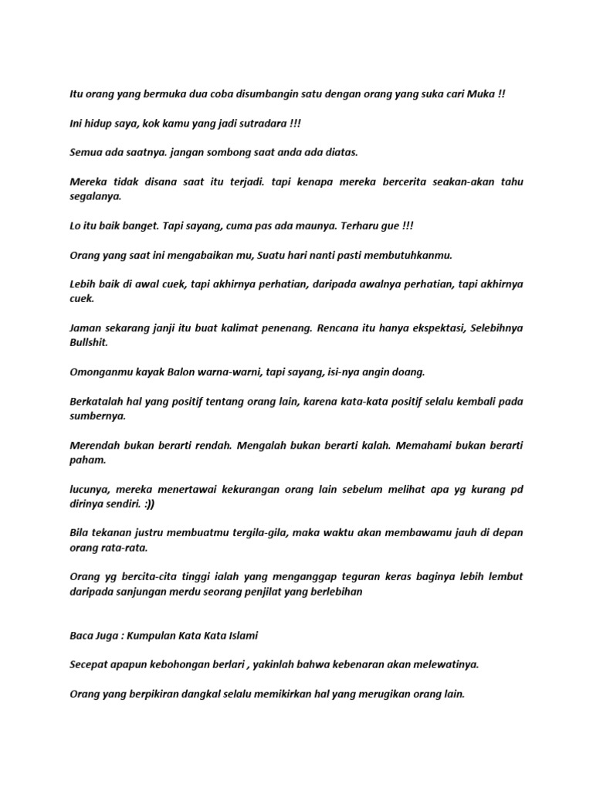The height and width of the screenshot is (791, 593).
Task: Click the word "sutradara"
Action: (x=263, y=123)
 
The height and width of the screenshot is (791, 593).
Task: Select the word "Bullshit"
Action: (x=90, y=342)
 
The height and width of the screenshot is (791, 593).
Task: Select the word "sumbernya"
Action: (x=97, y=416)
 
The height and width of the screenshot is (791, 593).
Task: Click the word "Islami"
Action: (x=241, y=635)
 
